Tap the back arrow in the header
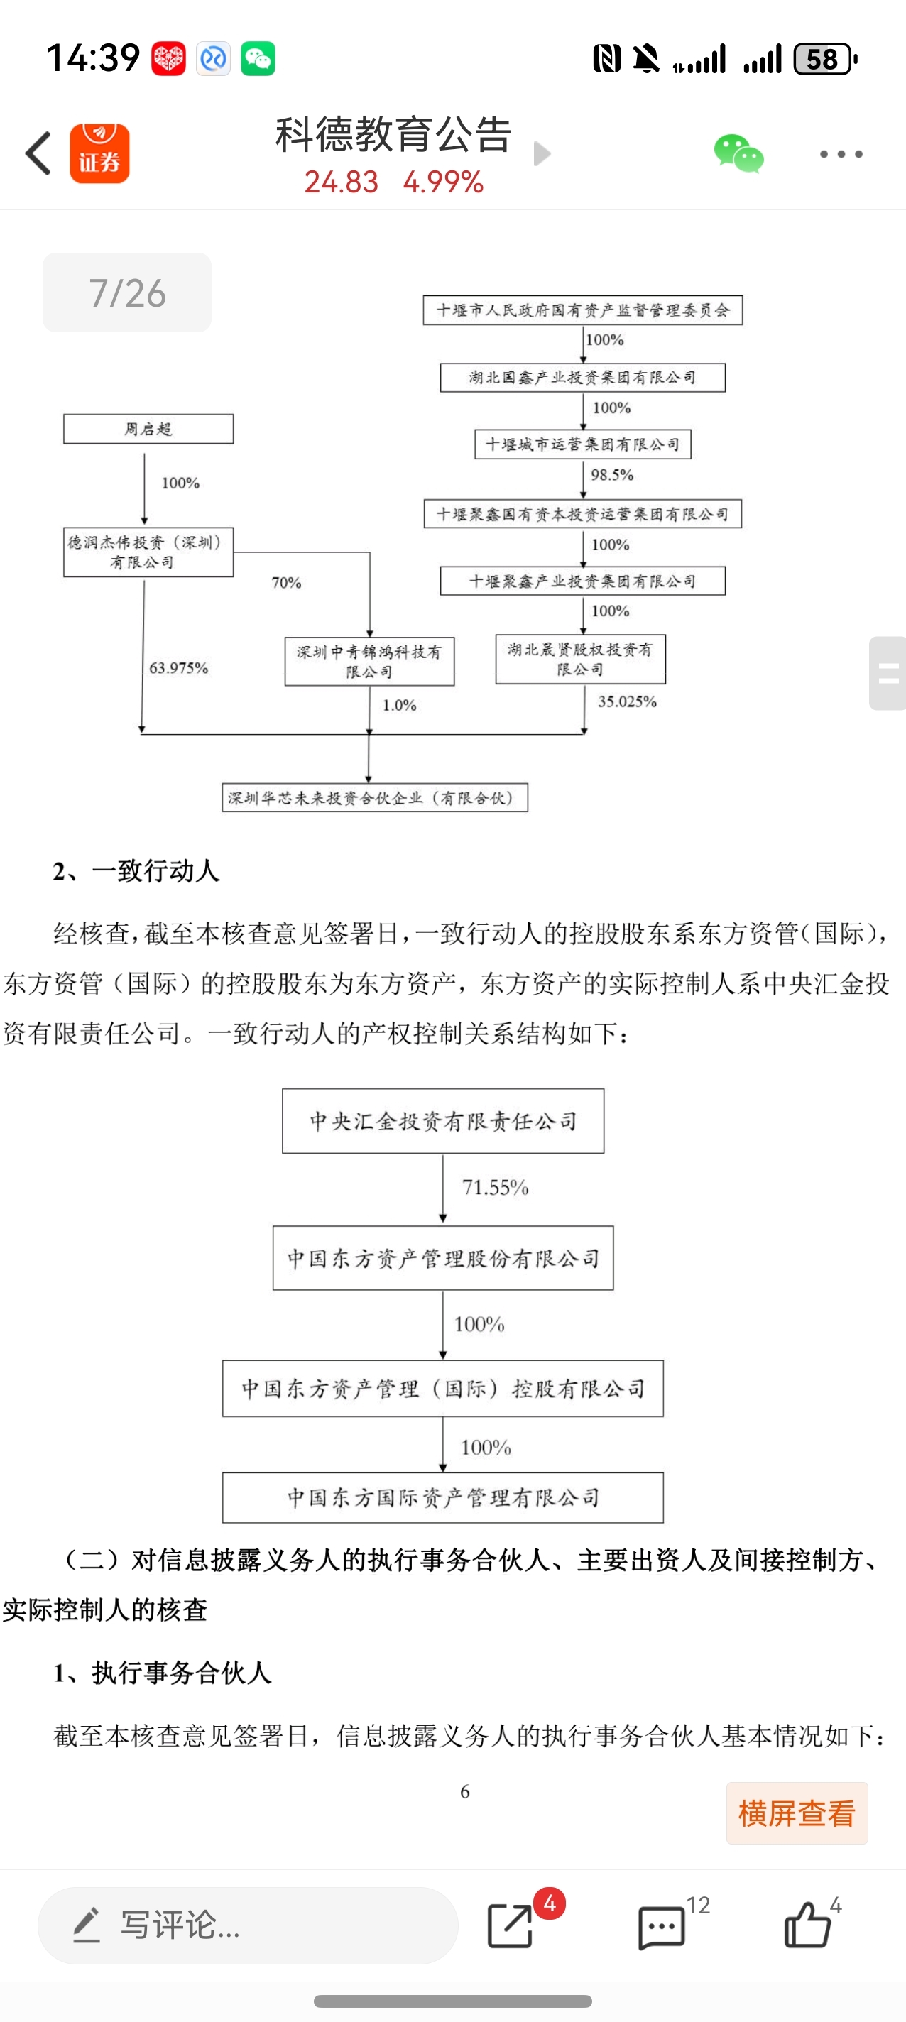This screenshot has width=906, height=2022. pyautogui.click(x=38, y=153)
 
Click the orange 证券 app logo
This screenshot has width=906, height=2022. pyautogui.click(x=99, y=154)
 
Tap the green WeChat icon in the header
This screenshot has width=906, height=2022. pyautogui.click(x=738, y=154)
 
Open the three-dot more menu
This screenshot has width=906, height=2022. pyautogui.click(x=841, y=154)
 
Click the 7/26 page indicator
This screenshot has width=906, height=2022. pyautogui.click(x=126, y=293)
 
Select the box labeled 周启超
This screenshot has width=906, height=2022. pyautogui.click(x=148, y=430)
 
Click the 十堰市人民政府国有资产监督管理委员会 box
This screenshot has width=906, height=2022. pyautogui.click(x=582, y=310)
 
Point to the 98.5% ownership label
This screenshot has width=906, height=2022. pyautogui.click(x=612, y=475)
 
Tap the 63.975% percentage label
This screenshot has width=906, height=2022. pyautogui.click(x=179, y=668)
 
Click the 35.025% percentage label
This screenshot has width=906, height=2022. pyautogui.click(x=627, y=701)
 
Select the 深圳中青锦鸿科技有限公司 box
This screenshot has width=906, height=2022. pyautogui.click(x=369, y=662)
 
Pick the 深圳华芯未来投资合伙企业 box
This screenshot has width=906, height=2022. pyautogui.click(x=374, y=797)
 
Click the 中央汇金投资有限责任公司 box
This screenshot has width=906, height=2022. pyautogui.click(x=443, y=1121)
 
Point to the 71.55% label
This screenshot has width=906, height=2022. pyautogui.click(x=496, y=1188)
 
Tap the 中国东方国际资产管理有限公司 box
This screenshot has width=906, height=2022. pyautogui.click(x=443, y=1497)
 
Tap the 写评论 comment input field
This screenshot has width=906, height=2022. pyautogui.click(x=247, y=1925)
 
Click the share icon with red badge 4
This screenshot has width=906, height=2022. pyautogui.click(x=511, y=1925)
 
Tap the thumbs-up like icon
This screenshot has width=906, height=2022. pyautogui.click(x=807, y=1925)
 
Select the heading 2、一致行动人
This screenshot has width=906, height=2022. pyautogui.click(x=136, y=871)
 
